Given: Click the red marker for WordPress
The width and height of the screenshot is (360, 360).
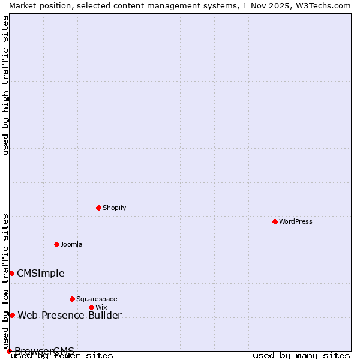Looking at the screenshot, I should pyautogui.click(x=275, y=221).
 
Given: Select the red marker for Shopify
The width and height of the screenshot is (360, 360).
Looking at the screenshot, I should pyautogui.click(x=98, y=208).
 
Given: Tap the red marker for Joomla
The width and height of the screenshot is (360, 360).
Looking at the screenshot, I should pyautogui.click(x=56, y=244).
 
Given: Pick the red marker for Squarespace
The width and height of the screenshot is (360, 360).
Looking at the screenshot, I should pyautogui.click(x=72, y=299).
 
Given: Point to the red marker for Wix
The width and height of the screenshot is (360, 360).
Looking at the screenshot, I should pyautogui.click(x=91, y=307).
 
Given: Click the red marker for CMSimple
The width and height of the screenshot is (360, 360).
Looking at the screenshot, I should pyautogui.click(x=11, y=273).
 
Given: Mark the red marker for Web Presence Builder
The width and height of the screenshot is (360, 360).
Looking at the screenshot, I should pyautogui.click(x=12, y=315).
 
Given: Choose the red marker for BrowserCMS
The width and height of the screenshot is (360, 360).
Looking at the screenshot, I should pyautogui.click(x=9, y=351).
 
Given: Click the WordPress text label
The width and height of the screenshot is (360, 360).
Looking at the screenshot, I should pyautogui.click(x=296, y=221).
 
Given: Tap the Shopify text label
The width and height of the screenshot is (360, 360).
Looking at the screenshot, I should pyautogui.click(x=114, y=208).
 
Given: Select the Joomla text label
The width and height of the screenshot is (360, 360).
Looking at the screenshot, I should pyautogui.click(x=71, y=244).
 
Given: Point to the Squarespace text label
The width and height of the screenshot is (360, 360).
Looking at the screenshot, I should pyautogui.click(x=97, y=299).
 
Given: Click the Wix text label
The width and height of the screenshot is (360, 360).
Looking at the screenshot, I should pyautogui.click(x=101, y=307).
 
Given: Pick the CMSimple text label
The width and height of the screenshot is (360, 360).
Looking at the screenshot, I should pyautogui.click(x=40, y=273).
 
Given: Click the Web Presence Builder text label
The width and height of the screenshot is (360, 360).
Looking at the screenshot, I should pyautogui.click(x=70, y=315).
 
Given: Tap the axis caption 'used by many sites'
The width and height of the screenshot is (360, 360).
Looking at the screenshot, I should pyautogui.click(x=301, y=355).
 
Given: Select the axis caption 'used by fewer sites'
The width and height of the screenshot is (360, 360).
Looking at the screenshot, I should pyautogui.click(x=62, y=355).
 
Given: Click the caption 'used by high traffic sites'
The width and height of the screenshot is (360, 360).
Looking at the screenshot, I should pyautogui.click(x=6, y=85).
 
